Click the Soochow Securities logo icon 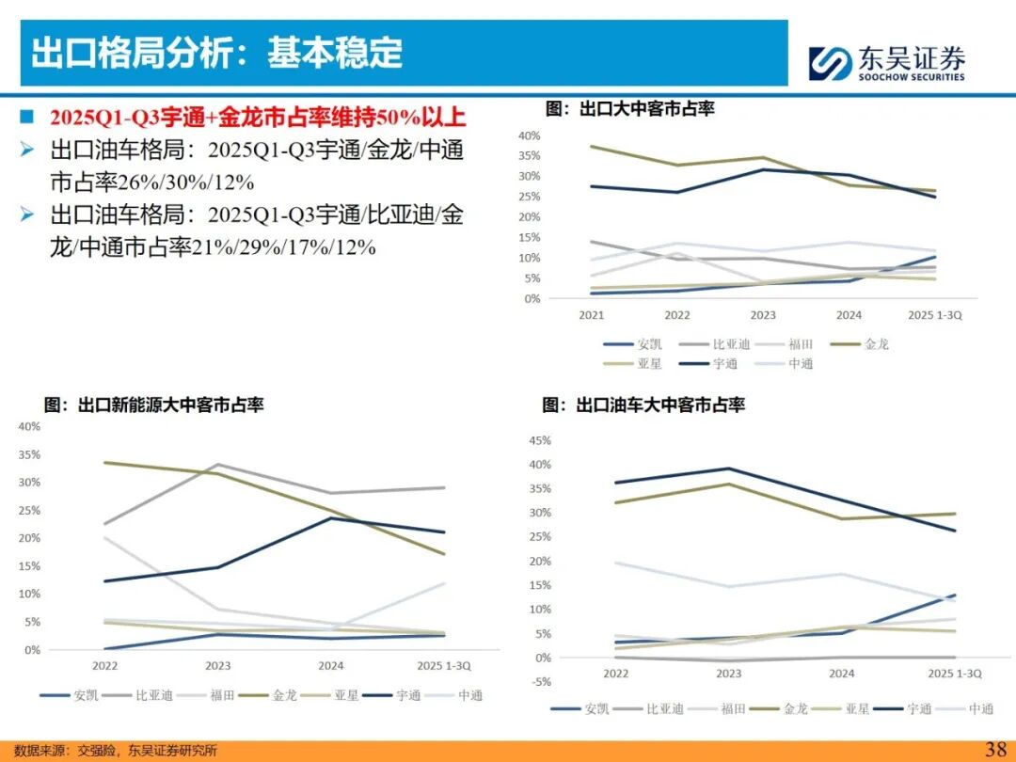[831, 62]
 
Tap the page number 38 [995, 749]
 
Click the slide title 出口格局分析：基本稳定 [217, 53]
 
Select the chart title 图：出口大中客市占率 [630, 109]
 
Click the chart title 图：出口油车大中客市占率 [643, 405]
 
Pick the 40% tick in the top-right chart [529, 135]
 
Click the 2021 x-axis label [592, 316]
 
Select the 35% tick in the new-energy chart [28, 454]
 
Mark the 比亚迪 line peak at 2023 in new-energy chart [219, 464]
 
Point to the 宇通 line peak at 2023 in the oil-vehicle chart [729, 468]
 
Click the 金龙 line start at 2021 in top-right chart [592, 147]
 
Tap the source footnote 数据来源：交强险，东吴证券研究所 [116, 750]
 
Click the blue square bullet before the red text [27, 117]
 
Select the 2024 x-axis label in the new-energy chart [331, 665]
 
